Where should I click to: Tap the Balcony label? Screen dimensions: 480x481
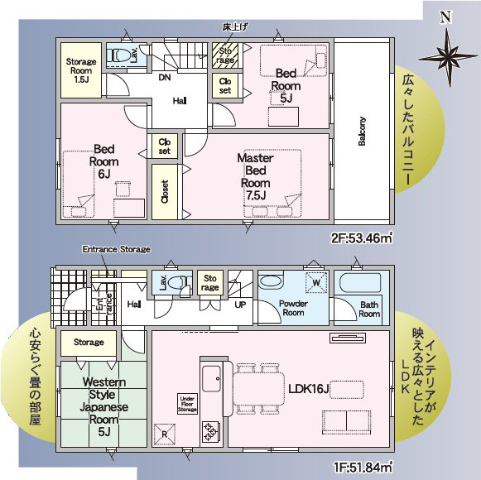362,130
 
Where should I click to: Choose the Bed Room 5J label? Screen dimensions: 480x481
286,85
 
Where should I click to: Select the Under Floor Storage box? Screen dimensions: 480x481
188,403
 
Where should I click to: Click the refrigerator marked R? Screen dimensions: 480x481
165,434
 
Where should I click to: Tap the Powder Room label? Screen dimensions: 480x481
293,308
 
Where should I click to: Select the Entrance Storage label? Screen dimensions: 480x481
116,249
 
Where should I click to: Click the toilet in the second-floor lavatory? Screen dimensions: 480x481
124,55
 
